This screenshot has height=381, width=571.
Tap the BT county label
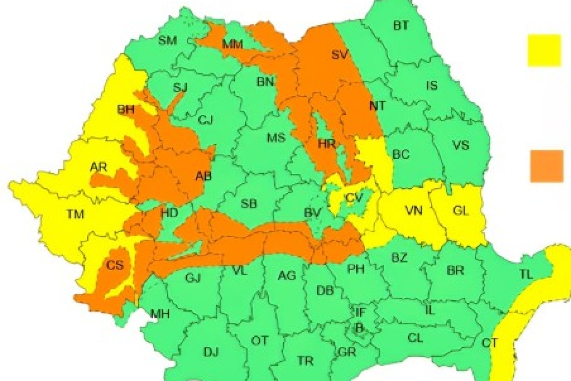point(400,26)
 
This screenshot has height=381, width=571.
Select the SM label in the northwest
point(167,41)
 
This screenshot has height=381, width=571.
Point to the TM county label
point(75,215)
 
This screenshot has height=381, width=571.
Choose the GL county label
point(460,211)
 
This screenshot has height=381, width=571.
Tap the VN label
point(414,211)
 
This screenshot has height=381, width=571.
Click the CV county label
point(354,199)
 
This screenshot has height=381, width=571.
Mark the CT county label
point(489,343)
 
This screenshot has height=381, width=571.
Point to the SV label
point(340,55)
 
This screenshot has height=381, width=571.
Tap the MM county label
point(232,45)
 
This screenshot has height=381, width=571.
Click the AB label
point(203,175)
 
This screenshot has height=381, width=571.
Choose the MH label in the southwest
point(160,314)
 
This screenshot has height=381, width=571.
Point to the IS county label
point(431,86)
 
